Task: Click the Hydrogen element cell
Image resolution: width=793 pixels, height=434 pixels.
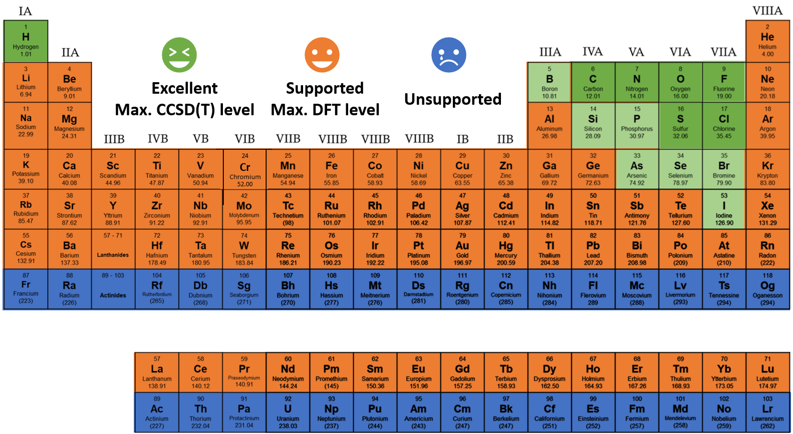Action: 26,41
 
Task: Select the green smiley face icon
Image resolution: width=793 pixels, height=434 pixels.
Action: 179,55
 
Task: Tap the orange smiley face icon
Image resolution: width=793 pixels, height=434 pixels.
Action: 322,55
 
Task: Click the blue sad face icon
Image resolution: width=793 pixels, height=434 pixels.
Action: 449,55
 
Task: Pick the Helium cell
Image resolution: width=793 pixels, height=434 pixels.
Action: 767,41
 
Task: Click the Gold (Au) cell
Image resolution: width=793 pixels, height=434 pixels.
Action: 462,249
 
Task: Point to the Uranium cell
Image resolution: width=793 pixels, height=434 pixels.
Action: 288,412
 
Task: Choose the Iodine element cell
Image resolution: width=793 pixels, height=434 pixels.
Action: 724,209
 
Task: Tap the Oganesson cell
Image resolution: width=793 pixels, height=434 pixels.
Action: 767,289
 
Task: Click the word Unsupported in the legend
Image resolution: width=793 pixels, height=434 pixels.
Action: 453,99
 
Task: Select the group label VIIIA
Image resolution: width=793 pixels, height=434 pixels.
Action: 767,11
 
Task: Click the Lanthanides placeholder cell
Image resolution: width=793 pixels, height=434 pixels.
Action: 113,249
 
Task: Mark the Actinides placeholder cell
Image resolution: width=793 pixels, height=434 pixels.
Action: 113,289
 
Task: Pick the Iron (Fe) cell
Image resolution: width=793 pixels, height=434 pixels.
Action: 332,169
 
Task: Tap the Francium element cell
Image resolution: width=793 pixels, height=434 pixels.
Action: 26,289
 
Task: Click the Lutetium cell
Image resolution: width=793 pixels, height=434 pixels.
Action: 767,373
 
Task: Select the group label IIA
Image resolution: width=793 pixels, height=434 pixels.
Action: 70,53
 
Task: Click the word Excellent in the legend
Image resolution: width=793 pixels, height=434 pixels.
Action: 184,88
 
